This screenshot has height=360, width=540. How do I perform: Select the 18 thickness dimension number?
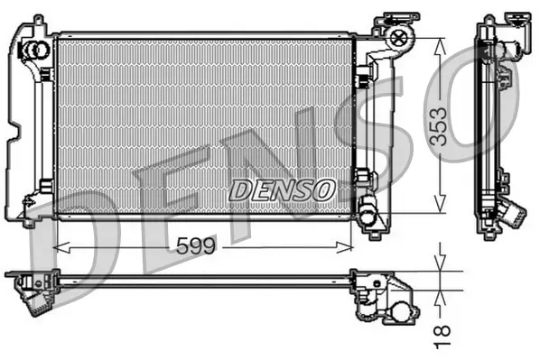442,336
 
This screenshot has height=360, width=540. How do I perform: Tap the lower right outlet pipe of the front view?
369,216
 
